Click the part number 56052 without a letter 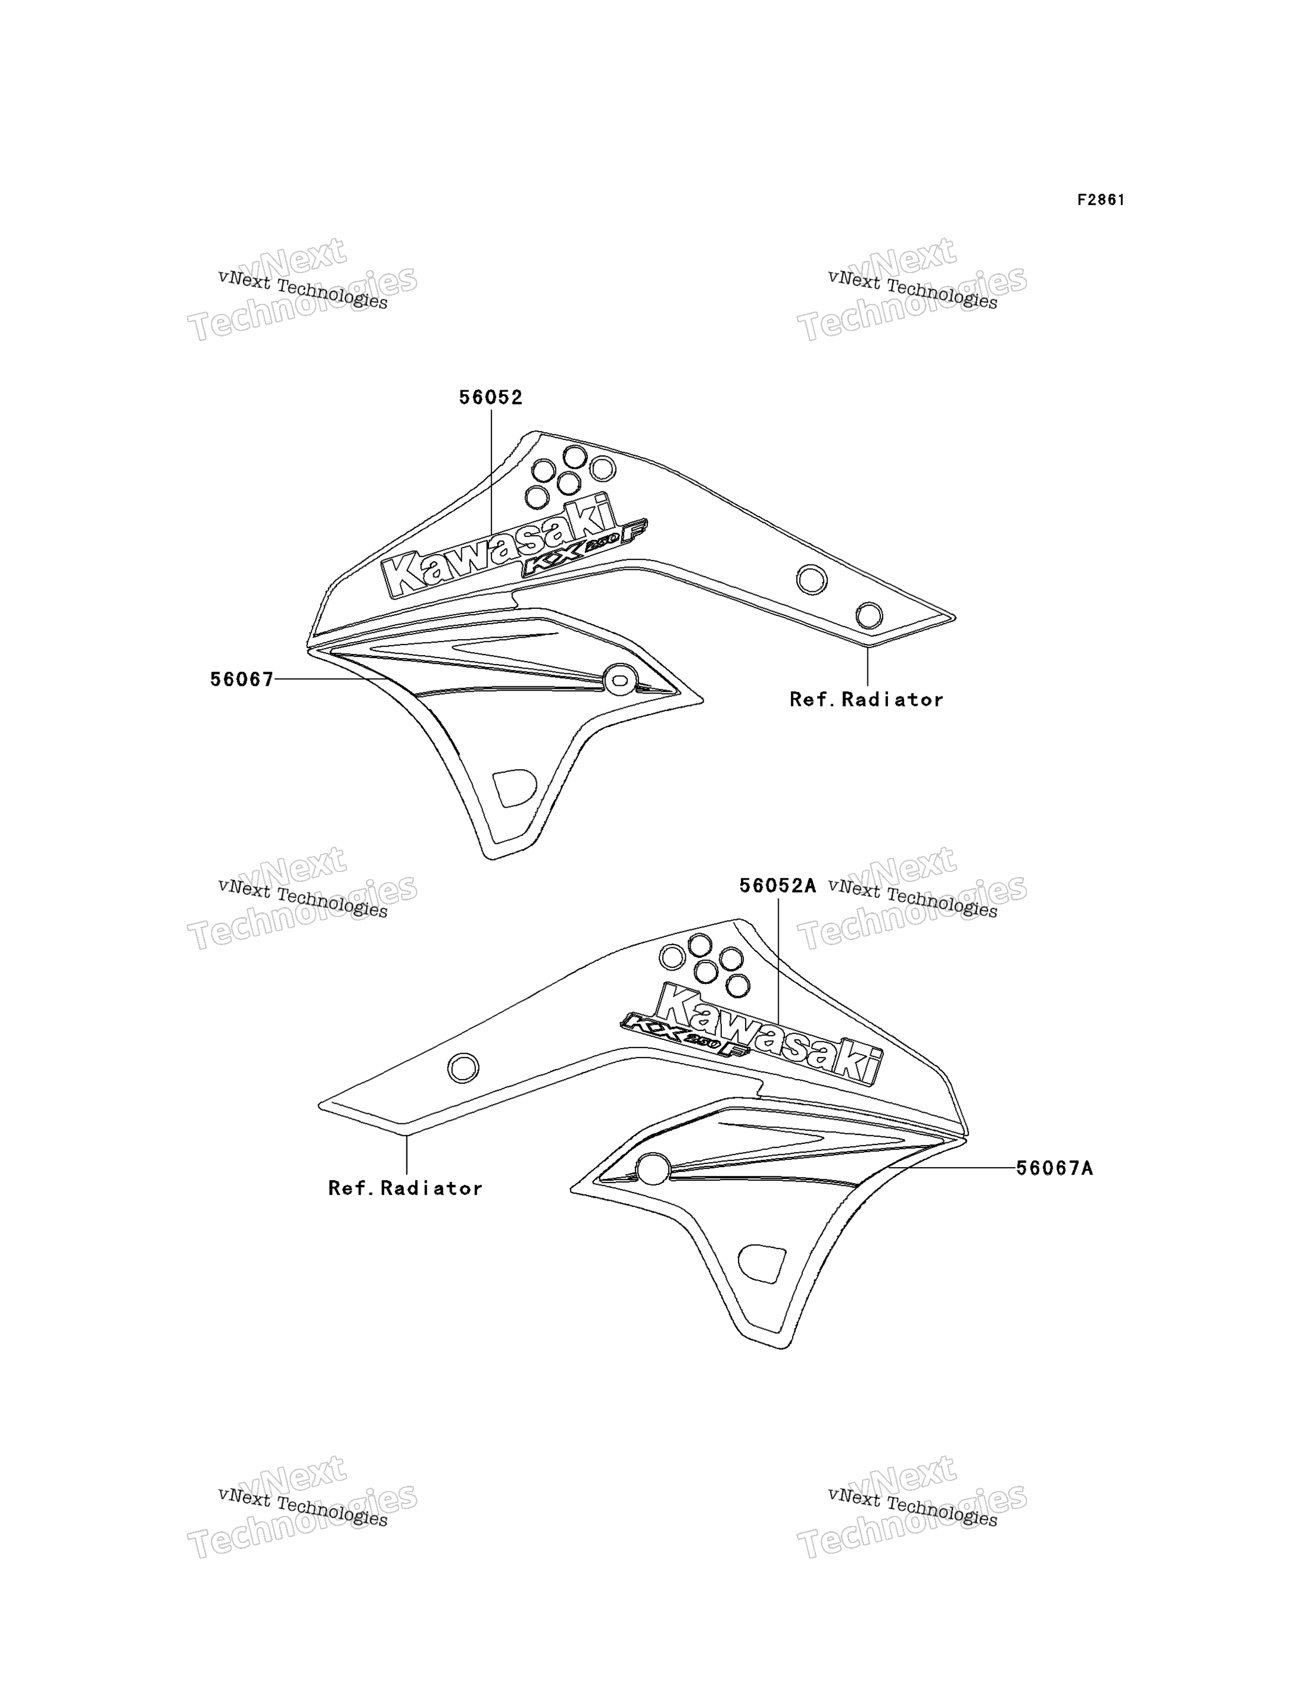[x=491, y=397]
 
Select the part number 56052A [x=777, y=886]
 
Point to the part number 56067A [x=1055, y=1168]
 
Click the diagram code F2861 [x=1101, y=200]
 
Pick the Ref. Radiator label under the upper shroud [x=866, y=700]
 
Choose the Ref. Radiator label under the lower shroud [x=406, y=1188]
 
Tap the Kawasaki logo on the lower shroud [x=769, y=1035]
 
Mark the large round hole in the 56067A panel [x=653, y=1169]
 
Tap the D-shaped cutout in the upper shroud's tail [x=514, y=787]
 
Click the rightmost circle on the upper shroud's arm [x=869, y=615]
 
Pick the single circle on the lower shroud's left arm [x=463, y=1068]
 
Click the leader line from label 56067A [x=951, y=1168]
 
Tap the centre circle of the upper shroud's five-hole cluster [x=569, y=484]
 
